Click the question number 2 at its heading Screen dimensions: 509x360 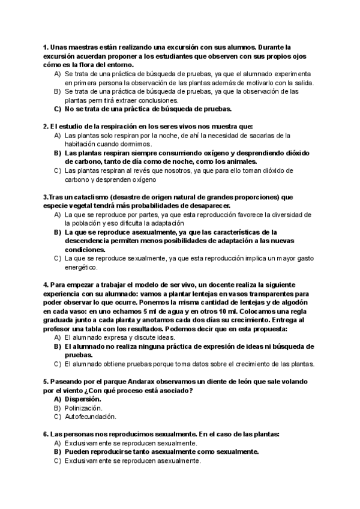click(46, 127)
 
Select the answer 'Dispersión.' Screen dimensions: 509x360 click(83, 399)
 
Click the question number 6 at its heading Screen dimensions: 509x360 click(46, 434)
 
